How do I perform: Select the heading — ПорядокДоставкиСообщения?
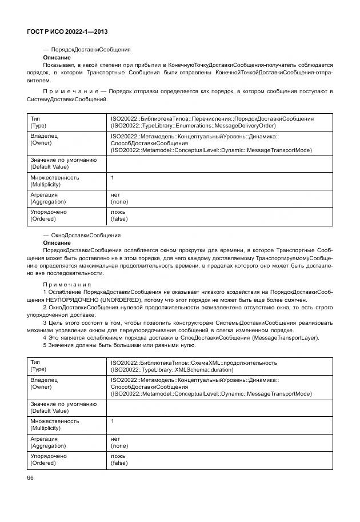(87, 50)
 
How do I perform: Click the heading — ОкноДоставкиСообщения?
(82, 235)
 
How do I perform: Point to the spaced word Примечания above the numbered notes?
(67, 284)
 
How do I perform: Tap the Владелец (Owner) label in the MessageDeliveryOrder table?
(44, 140)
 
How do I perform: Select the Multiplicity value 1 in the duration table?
(113, 421)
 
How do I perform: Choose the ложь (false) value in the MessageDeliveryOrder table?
(119, 215)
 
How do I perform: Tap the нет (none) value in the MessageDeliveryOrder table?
(119, 198)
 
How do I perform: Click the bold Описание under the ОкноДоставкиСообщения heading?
(57, 242)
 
